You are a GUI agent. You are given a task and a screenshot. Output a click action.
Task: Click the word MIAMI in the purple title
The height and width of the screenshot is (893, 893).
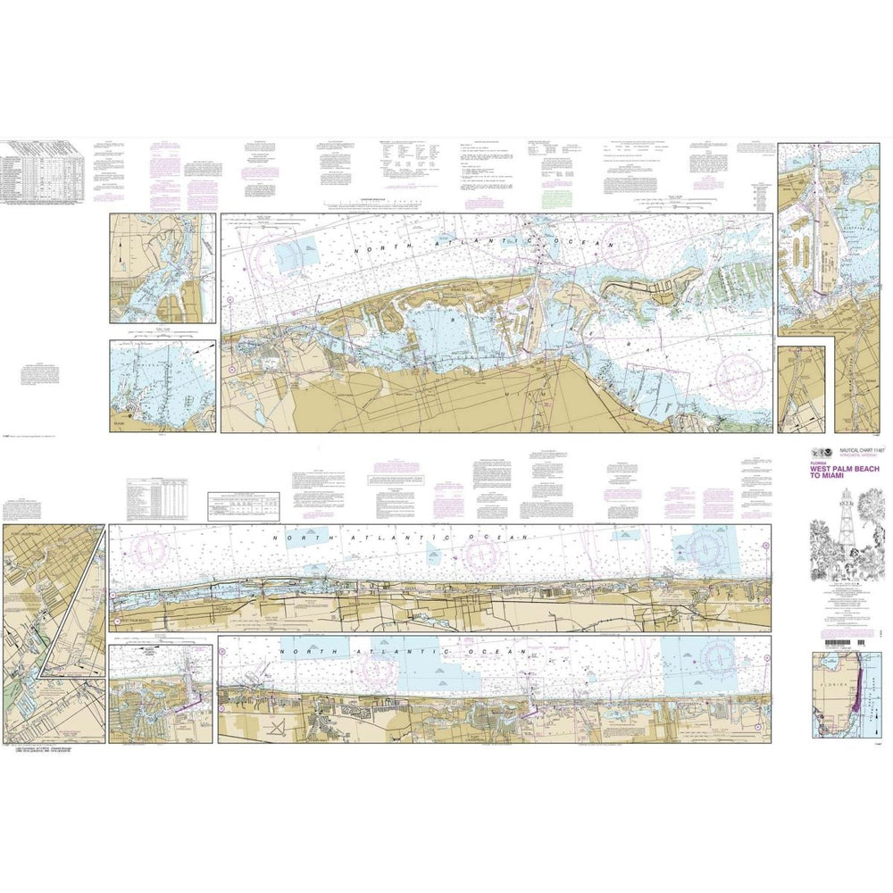(822, 484)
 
